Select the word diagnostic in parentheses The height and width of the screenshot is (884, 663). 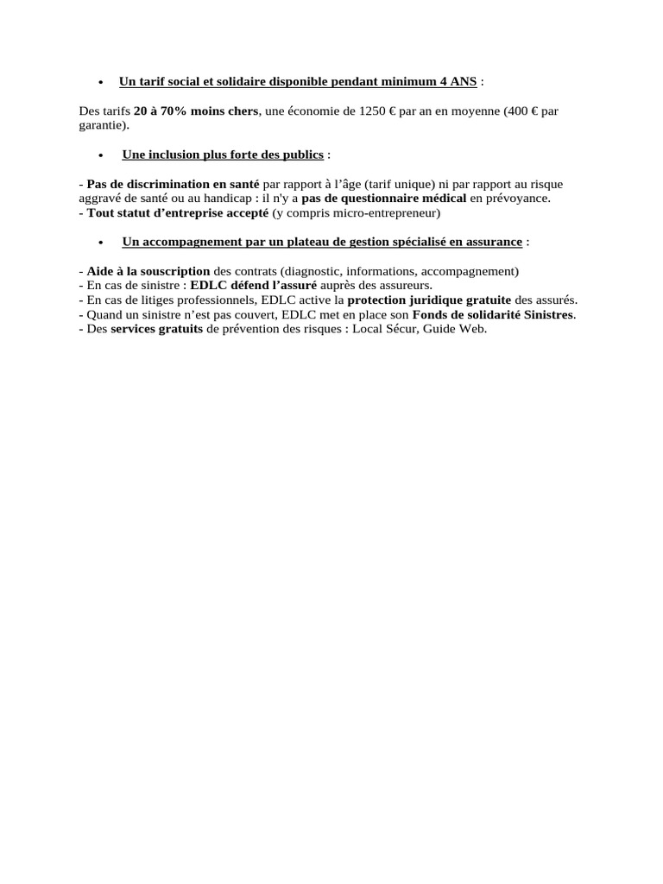[x=313, y=271]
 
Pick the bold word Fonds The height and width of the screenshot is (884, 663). [x=430, y=314]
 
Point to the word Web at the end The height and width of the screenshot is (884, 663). [x=473, y=329]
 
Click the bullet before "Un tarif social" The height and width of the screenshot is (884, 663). [x=102, y=83]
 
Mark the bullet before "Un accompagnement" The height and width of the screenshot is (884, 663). [x=102, y=243]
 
